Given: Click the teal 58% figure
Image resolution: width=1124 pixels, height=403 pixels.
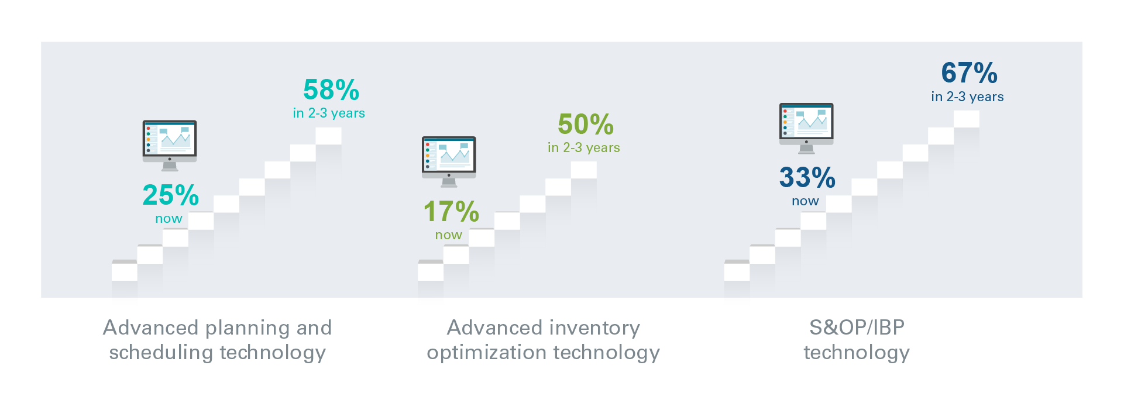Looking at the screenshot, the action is coord(331,90).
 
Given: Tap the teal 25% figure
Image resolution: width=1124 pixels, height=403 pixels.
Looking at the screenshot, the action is coord(171,195).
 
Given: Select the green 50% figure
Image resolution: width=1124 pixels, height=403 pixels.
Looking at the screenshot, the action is coord(586,124).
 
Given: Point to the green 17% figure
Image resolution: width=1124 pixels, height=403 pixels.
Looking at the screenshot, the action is coord(451,212).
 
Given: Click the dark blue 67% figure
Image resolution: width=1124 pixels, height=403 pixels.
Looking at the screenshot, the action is coord(970,73).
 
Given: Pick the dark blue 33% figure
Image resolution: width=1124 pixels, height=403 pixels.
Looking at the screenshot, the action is coord(807,178).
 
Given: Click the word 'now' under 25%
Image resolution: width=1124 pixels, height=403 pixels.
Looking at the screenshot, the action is coord(169,219).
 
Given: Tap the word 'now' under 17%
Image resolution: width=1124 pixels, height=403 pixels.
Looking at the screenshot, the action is coord(449,235).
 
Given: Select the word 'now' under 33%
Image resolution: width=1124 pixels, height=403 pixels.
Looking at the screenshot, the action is coord(805,201).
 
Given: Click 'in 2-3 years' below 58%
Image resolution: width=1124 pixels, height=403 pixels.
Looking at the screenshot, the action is coord(329,113).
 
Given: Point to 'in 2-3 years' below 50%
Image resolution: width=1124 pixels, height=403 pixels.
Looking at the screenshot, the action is coord(584,147).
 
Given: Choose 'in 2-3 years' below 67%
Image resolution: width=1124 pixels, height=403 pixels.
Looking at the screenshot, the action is coord(968,97).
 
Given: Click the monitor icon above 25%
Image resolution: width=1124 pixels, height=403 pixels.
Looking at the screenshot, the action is coord(170,146).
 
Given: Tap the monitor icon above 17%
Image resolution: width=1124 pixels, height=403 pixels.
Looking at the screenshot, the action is coord(449,162).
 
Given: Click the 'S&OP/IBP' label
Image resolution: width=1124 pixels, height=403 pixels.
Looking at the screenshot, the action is coord(857,328).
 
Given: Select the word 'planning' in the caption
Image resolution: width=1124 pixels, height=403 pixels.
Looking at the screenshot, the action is coord(248,328).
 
